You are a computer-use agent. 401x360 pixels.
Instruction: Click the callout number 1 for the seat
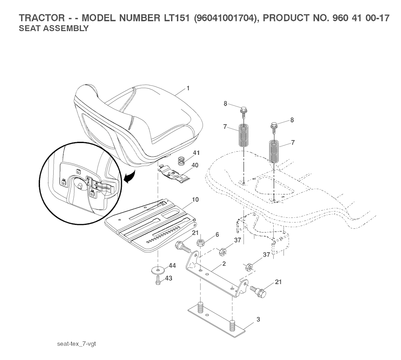coord(188,88)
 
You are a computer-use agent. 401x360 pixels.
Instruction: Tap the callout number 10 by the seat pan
coord(195,199)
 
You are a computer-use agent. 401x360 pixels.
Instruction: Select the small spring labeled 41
coord(181,161)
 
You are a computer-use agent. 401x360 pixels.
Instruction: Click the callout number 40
coord(195,165)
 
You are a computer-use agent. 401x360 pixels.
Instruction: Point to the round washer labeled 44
coord(158,270)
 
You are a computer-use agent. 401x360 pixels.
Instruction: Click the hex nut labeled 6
coord(200,241)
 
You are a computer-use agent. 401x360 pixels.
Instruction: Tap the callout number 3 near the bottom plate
coord(258,319)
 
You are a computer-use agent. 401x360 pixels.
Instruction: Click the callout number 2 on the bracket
coord(224,264)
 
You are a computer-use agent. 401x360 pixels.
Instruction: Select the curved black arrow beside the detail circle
coord(130,177)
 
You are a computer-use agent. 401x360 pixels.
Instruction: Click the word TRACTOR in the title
coord(42,18)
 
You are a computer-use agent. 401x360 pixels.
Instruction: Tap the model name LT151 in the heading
coord(175,18)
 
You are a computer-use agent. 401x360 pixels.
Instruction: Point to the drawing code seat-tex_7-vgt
coord(76,344)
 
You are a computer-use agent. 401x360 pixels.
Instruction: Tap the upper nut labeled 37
coord(222,252)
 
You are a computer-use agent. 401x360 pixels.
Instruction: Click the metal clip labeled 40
coord(173,174)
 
